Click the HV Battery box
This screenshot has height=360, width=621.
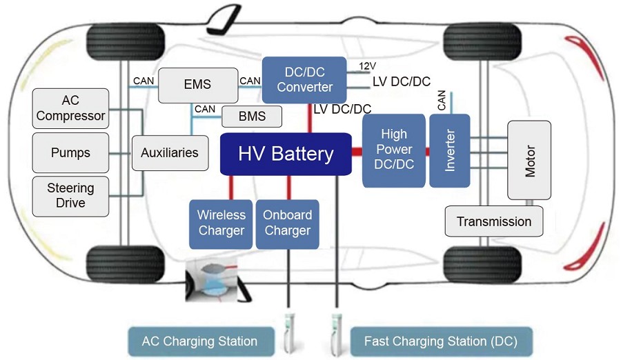286,154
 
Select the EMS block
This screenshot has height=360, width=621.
197,86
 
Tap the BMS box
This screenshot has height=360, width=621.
252,117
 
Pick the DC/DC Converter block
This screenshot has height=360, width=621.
304,79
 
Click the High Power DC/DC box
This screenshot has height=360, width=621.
394,150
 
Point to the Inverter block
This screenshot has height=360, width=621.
449,150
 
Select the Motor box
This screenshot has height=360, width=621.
529,160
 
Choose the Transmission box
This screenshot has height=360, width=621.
493,221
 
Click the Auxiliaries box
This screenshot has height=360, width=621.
169,152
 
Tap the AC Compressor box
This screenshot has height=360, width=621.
70,108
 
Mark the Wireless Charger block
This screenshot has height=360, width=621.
221,223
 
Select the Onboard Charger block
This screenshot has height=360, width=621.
287,223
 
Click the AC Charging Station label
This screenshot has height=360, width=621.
199,341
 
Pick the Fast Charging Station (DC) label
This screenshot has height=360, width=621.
440,341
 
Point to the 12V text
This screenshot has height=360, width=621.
367,66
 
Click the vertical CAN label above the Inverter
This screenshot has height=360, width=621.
442,101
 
